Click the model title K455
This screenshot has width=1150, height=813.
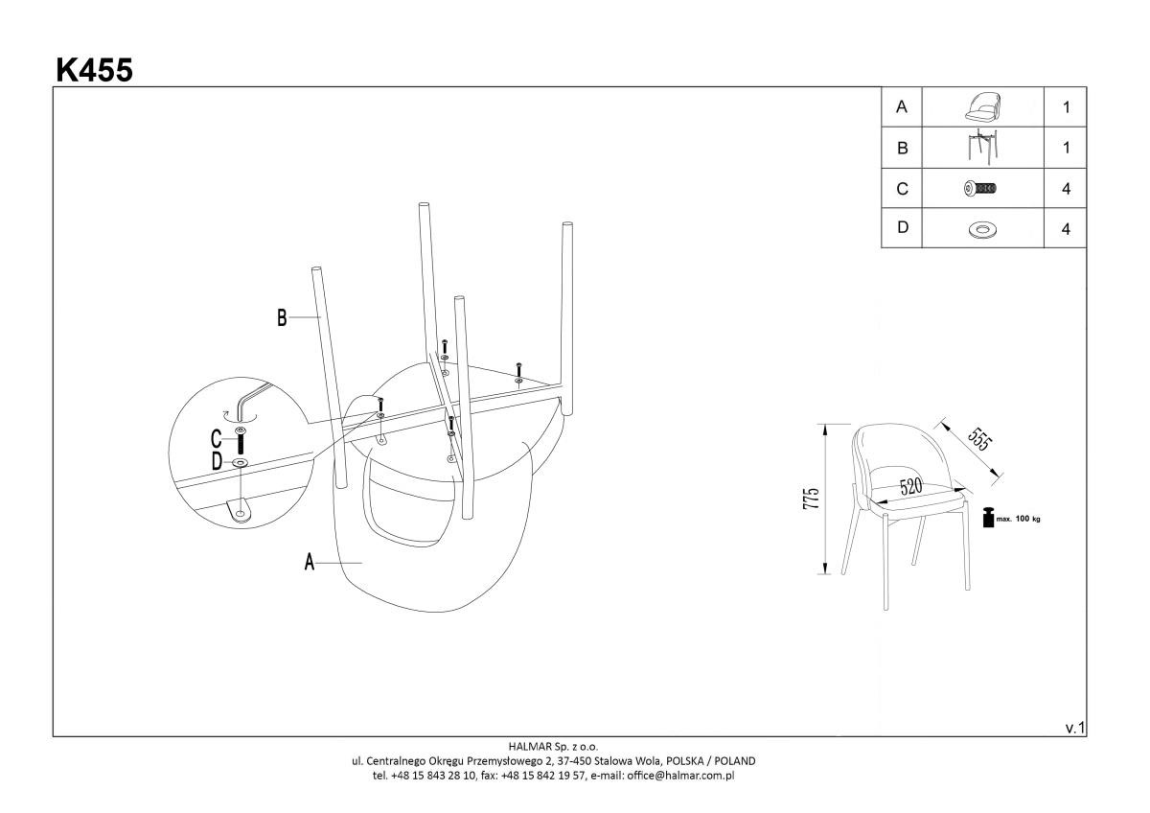pos(94,69)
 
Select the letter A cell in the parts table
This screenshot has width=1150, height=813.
pos(901,107)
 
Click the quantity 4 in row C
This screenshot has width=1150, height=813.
pos(1066,189)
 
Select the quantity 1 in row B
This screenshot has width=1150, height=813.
pos(1066,148)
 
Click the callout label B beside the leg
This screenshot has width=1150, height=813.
pos(282,317)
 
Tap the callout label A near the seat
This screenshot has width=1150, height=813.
pos(310,562)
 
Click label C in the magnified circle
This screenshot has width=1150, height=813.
pos(217,440)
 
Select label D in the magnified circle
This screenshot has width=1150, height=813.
pos(217,462)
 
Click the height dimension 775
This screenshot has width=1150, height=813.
pos(812,499)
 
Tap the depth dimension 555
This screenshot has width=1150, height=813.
pos(978,437)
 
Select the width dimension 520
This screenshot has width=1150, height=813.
pos(910,487)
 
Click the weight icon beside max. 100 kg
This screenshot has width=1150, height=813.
pos(988,518)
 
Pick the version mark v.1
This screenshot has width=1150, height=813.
pos(1074,729)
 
